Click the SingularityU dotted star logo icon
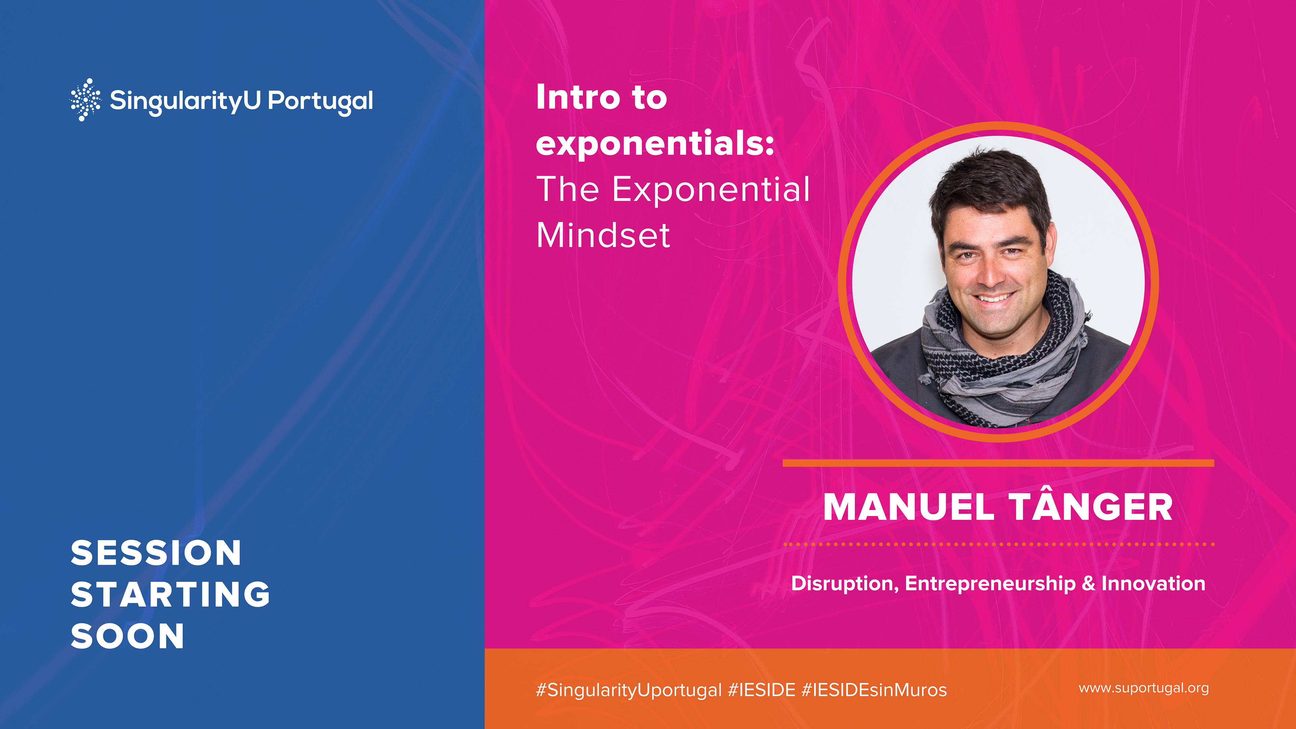[x=85, y=100]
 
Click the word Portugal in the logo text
[x=321, y=102]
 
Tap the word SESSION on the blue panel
[x=156, y=553]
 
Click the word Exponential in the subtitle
[x=711, y=190]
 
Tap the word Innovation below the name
[x=1153, y=583]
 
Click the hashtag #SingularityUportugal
[x=629, y=690]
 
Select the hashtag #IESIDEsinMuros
[x=874, y=690]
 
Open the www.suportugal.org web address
[x=1143, y=688]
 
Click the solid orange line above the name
[x=998, y=463]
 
